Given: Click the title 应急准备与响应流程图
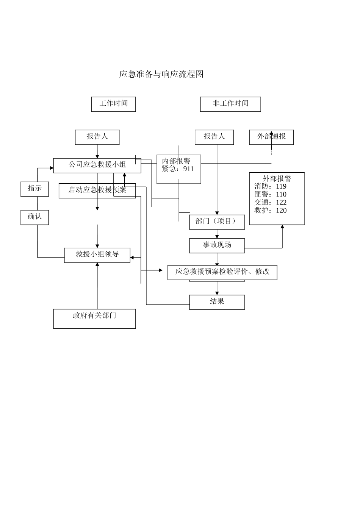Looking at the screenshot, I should (161, 74).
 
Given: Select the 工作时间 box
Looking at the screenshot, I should (113, 104).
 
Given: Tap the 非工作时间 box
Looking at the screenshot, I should (230, 104).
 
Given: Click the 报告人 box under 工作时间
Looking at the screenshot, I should (97, 137).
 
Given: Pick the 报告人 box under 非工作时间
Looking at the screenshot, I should (214, 137).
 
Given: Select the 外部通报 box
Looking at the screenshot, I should (271, 137).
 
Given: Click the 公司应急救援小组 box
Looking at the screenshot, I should (97, 165).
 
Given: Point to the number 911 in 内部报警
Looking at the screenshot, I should (188, 169).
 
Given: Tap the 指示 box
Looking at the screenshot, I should (34, 189).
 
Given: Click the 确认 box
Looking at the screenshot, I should (34, 217).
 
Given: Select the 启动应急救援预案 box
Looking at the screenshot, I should (97, 190).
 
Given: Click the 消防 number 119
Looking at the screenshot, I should (281, 186).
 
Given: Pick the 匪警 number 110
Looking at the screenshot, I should (281, 195).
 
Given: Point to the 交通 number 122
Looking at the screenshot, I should (281, 203).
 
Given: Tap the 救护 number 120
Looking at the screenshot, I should (281, 211).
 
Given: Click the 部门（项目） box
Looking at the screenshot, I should (217, 222).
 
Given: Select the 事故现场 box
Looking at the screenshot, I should (217, 245).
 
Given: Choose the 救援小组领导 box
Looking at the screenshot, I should (97, 255).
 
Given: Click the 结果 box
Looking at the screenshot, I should (217, 302).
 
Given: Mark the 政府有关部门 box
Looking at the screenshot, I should (94, 318).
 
